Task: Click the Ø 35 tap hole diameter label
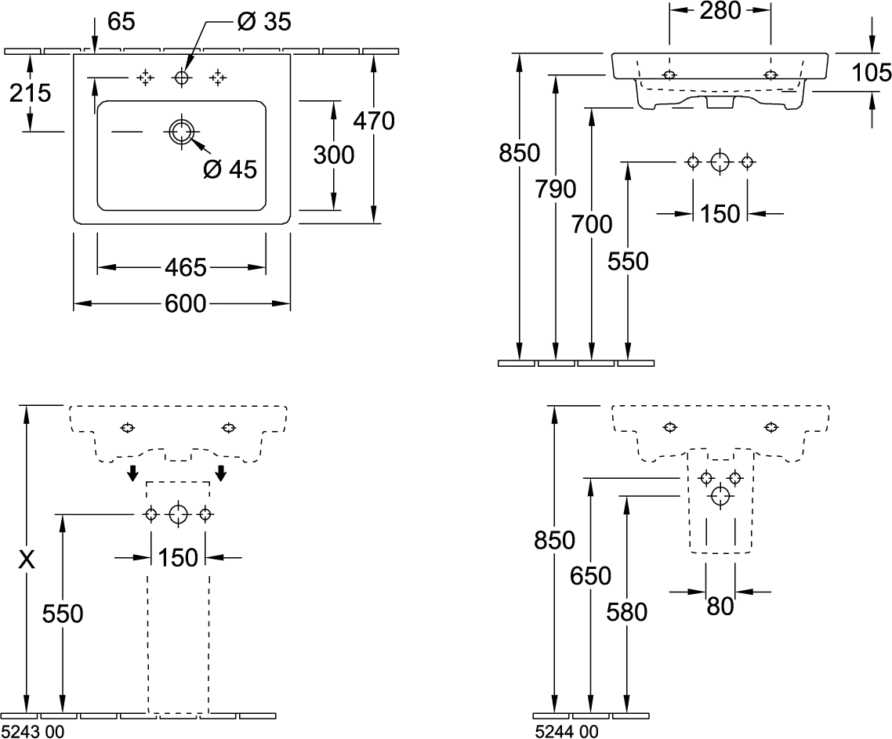[266, 22]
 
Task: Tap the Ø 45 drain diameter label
[230, 168]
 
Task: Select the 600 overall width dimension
[185, 303]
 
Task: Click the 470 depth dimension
[373, 121]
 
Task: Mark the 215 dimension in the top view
[30, 93]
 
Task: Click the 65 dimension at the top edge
[121, 22]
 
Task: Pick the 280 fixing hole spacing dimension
[718, 11]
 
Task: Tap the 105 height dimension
[872, 74]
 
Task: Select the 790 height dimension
[556, 189]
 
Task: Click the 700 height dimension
[593, 225]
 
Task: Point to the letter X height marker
[27, 560]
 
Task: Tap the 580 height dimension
[628, 611]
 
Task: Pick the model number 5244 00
[566, 731]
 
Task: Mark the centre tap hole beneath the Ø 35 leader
[182, 77]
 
